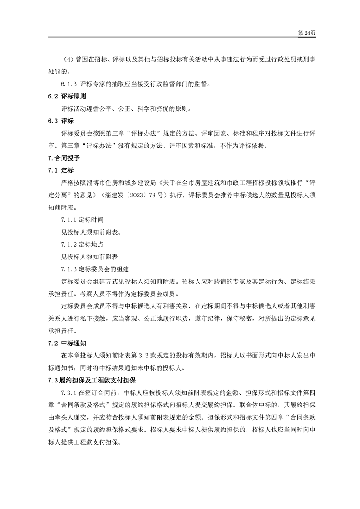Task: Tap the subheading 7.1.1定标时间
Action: pyautogui.click(x=82, y=220)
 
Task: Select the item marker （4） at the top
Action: pyautogui.click(x=67, y=59)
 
